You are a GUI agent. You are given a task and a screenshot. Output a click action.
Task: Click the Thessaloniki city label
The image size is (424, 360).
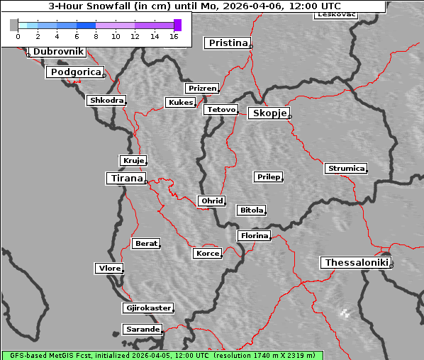pyautogui.click(x=357, y=263)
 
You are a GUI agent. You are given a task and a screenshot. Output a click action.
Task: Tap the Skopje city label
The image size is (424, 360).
pyautogui.click(x=269, y=113)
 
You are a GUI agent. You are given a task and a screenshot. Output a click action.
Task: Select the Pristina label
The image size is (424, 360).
pyautogui.click(x=228, y=43)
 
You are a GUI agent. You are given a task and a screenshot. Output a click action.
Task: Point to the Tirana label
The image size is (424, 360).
pyautogui.click(x=126, y=179)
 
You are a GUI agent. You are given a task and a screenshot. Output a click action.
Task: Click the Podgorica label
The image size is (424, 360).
pyautogui.click(x=74, y=72)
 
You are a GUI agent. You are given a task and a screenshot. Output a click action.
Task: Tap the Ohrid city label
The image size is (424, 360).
pyautogui.click(x=211, y=201)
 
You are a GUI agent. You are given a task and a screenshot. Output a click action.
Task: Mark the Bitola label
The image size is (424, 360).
pyautogui.click(x=251, y=210)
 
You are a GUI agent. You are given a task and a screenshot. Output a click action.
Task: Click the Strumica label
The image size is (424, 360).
pyautogui.click(x=346, y=169)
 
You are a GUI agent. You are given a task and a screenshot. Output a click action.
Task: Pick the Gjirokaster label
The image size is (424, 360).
pyautogui.click(x=147, y=308)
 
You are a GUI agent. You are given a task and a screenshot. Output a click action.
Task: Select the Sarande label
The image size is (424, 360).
pyautogui.click(x=142, y=330)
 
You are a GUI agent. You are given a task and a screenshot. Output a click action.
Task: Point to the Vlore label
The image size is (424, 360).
pyautogui.click(x=108, y=269)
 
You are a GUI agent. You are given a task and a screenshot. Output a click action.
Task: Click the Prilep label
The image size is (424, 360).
pyautogui.click(x=268, y=176)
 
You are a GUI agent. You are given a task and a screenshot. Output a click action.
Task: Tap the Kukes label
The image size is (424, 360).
pyautogui.click(x=180, y=103)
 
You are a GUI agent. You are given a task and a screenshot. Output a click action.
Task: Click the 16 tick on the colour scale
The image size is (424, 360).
pyautogui.click(x=174, y=36)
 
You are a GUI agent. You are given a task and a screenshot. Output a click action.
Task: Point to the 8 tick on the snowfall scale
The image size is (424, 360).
pyautogui.click(x=96, y=36)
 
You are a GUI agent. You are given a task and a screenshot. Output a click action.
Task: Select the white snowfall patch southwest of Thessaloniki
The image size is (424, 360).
pyautogui.click(x=345, y=313)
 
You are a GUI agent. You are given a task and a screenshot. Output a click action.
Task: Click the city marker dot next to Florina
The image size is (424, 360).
pyautogui.click(x=271, y=238)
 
